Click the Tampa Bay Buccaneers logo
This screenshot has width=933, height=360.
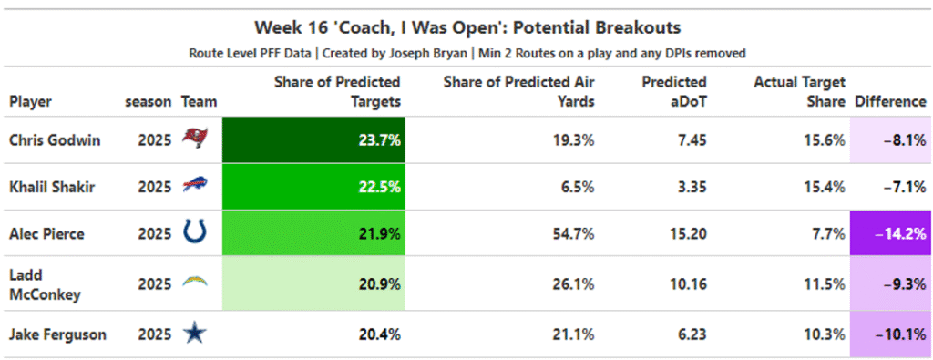tap(195, 139)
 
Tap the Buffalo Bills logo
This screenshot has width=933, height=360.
tap(195, 186)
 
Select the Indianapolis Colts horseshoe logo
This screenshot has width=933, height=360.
tap(195, 232)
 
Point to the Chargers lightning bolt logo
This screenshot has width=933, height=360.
tap(195, 283)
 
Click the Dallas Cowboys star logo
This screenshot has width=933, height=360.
tap(195, 334)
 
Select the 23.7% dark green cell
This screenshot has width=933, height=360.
tap(313, 139)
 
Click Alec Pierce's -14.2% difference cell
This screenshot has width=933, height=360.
tap(891, 233)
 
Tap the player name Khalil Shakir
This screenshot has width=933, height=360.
tap(52, 187)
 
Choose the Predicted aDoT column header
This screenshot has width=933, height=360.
tap(674, 91)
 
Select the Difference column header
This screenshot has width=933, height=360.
tap(890, 102)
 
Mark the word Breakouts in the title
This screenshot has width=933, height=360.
tap(642, 27)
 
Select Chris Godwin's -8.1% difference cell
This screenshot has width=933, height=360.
tap(891, 139)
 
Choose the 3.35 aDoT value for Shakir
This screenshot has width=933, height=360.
tap(691, 187)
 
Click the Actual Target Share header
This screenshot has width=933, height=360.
tap(799, 91)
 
